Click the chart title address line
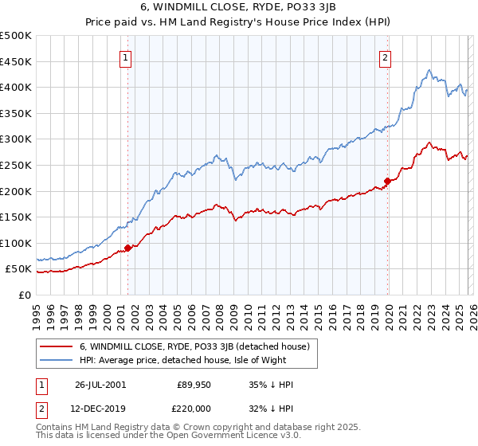pyautogui.click(x=239, y=7)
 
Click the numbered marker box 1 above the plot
pyautogui.click(x=127, y=57)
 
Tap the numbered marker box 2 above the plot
pyautogui.click(x=386, y=57)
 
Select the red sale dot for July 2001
pyautogui.click(x=128, y=248)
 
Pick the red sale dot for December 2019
pyautogui.click(x=387, y=181)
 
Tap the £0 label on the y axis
pyautogui.click(x=25, y=295)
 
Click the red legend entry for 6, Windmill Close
pyautogui.click(x=199, y=346)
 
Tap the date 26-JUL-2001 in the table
pyautogui.click(x=100, y=385)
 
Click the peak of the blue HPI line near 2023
pyautogui.click(x=429, y=69)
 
